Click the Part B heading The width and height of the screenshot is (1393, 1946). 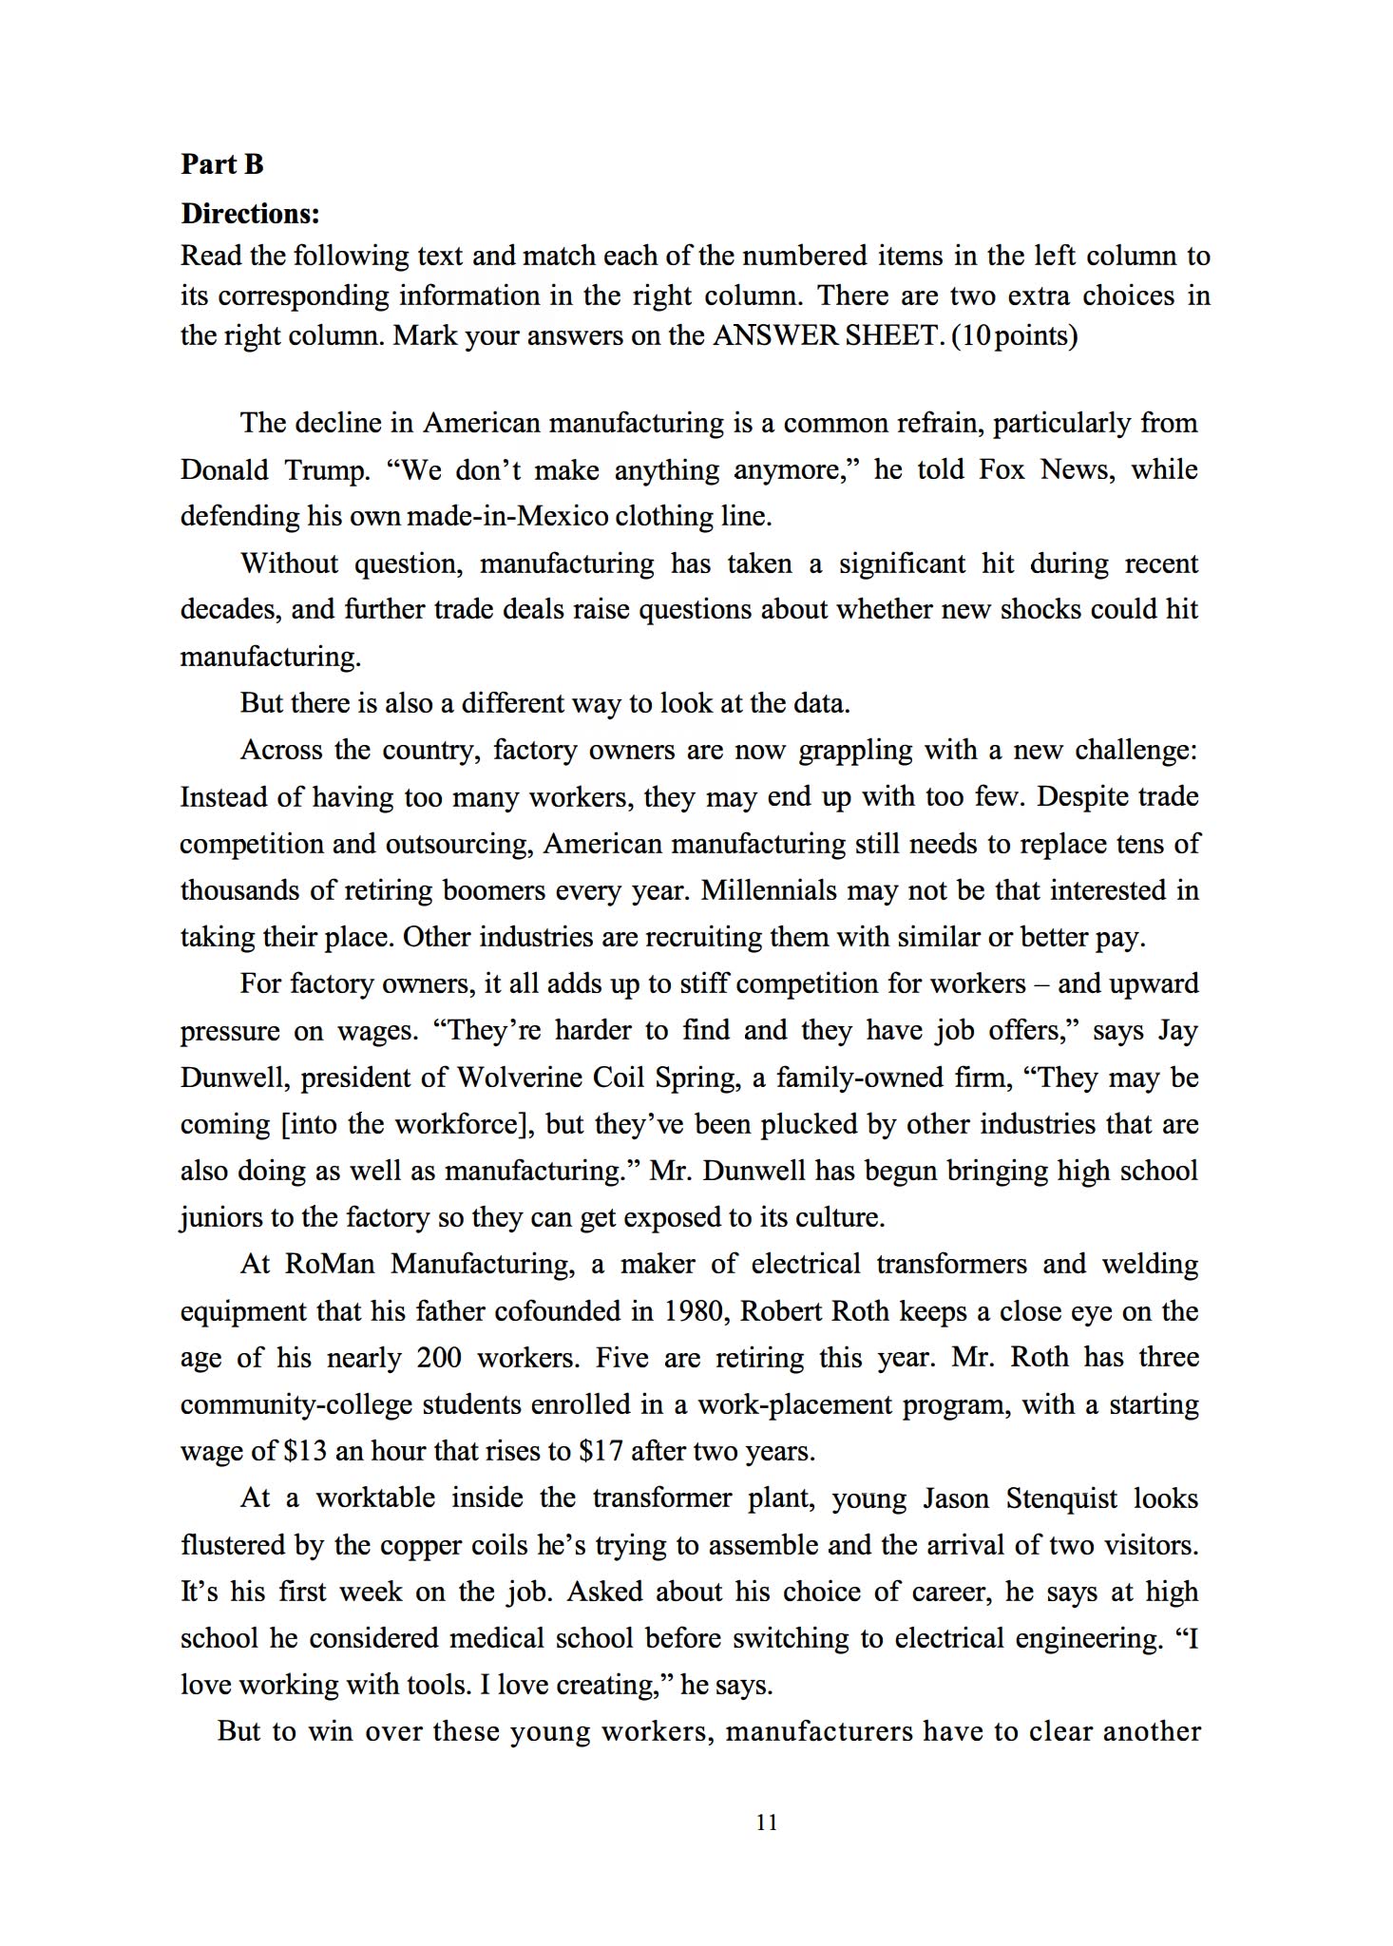click(221, 164)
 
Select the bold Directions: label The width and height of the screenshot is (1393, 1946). click(250, 214)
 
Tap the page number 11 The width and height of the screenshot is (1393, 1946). click(767, 1822)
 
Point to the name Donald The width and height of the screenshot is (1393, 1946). click(224, 470)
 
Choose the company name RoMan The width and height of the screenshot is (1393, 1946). click(329, 1265)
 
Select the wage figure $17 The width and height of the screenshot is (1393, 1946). click(601, 1452)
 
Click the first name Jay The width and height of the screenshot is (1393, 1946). click(1178, 1031)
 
